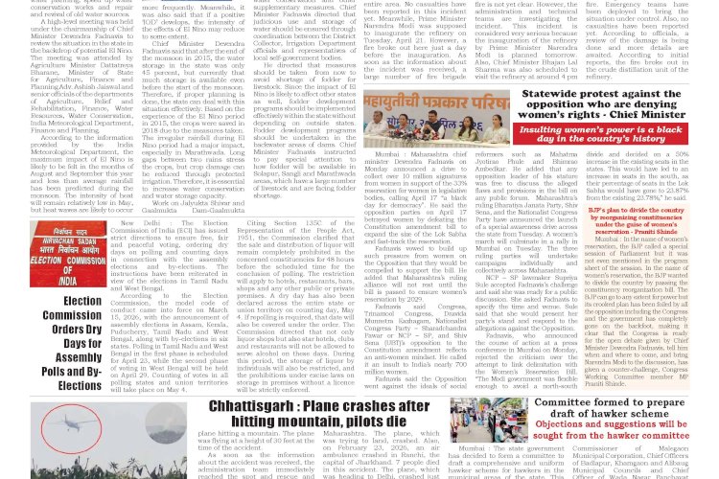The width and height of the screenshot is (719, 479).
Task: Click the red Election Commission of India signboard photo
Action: pos(67,255)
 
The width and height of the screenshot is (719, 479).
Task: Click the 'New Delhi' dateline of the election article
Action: pos(134,223)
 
